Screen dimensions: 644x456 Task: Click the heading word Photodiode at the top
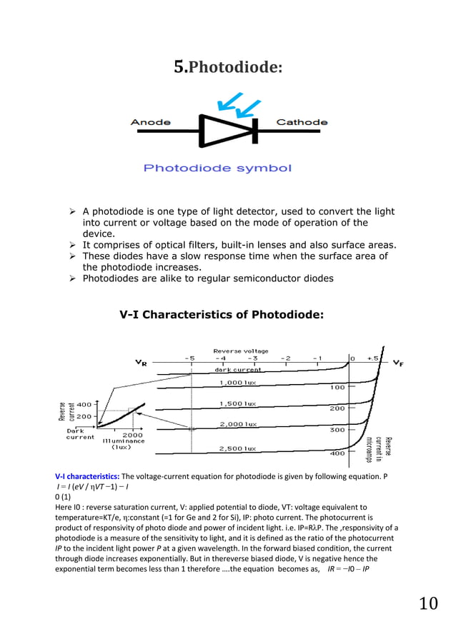[x=235, y=68]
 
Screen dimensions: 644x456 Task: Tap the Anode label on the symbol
[x=150, y=122]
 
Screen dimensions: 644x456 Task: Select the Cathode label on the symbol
[x=302, y=122]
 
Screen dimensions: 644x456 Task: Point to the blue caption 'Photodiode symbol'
[x=218, y=168]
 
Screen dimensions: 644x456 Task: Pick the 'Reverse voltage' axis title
[x=240, y=351]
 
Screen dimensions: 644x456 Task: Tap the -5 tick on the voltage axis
[x=189, y=358]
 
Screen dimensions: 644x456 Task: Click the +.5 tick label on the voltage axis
[x=372, y=358]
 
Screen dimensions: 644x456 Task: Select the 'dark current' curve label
[x=238, y=370]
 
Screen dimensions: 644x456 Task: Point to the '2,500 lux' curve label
[x=238, y=448]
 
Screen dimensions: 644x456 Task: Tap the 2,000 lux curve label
[x=238, y=424]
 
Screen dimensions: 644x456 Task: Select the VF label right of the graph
[x=398, y=363]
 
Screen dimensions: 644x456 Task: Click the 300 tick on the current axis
[x=337, y=431]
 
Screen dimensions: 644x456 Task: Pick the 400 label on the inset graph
[x=84, y=404]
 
